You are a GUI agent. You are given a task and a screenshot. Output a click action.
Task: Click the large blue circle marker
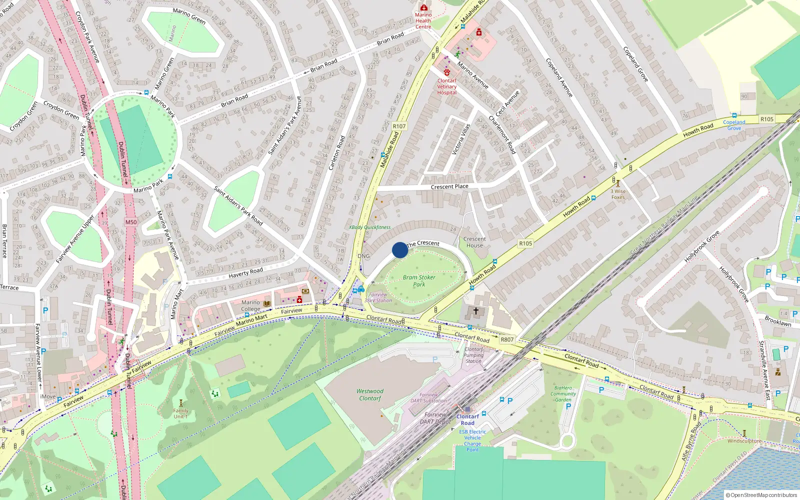(400, 250)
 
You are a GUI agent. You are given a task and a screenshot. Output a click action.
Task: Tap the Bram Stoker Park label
(419, 281)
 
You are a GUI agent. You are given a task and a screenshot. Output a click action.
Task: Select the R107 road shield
(399, 126)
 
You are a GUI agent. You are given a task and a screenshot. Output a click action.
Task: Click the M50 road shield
(131, 222)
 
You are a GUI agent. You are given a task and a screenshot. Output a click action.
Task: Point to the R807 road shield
(507, 339)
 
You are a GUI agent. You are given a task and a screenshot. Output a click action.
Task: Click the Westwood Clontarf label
(370, 395)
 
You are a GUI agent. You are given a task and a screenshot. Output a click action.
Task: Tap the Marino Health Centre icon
(423, 7)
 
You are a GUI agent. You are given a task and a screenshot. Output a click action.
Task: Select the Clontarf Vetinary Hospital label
(447, 86)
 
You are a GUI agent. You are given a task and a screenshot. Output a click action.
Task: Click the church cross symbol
(476, 311)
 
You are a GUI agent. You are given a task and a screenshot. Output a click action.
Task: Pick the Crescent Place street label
(449, 187)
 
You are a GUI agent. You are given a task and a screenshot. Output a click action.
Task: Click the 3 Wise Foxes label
(618, 194)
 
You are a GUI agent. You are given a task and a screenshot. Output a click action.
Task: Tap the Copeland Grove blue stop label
(734, 125)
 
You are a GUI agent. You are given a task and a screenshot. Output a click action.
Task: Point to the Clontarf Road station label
(467, 419)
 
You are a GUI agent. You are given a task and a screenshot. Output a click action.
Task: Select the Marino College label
(250, 305)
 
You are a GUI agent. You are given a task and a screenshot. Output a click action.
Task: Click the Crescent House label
(474, 242)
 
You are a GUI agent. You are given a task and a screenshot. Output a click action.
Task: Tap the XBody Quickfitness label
(369, 227)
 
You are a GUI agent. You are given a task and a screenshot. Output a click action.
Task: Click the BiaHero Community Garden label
(563, 393)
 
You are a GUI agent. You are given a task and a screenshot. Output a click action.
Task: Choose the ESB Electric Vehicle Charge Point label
(472, 440)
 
